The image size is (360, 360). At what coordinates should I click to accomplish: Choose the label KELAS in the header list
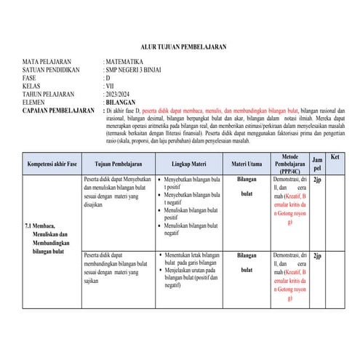click(31, 86)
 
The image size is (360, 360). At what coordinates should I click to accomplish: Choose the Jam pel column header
click(317, 163)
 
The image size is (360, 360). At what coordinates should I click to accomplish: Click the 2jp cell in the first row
click(317, 179)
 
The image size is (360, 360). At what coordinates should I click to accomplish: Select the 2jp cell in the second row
click(317, 257)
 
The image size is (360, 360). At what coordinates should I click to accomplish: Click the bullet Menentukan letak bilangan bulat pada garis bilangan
click(192, 260)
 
